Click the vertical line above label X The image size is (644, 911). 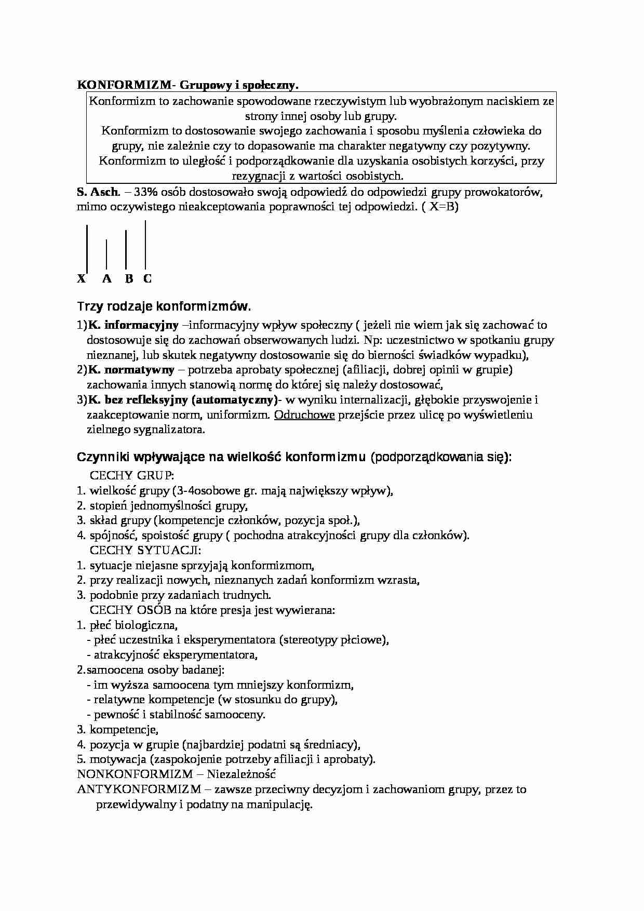click(87, 248)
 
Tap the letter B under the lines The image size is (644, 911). click(129, 279)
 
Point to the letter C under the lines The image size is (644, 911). click(147, 279)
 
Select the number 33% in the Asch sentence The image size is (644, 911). click(146, 192)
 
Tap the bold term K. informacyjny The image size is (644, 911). click(133, 326)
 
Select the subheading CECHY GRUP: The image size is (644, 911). click(132, 476)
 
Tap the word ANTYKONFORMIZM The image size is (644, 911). click(139, 789)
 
